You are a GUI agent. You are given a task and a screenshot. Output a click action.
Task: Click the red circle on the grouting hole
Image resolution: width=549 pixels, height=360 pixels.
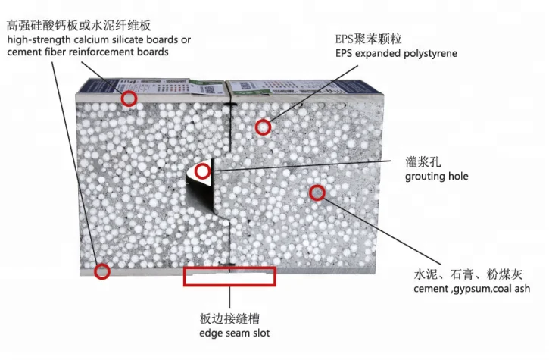(202, 171)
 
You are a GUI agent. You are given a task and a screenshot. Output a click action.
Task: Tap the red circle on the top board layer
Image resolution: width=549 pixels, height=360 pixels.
(129, 99)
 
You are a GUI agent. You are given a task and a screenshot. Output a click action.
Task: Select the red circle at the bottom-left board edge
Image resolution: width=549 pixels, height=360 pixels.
(101, 270)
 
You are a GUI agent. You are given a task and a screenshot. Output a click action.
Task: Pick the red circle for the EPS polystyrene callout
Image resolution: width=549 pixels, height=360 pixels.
(263, 127)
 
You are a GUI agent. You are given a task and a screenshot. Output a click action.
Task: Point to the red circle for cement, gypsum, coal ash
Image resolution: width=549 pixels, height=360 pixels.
(317, 193)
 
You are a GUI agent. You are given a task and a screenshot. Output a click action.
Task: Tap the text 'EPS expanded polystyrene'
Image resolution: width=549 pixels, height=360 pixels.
(397, 54)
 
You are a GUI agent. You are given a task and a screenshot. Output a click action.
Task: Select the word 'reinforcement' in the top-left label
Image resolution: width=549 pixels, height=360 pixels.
(105, 52)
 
